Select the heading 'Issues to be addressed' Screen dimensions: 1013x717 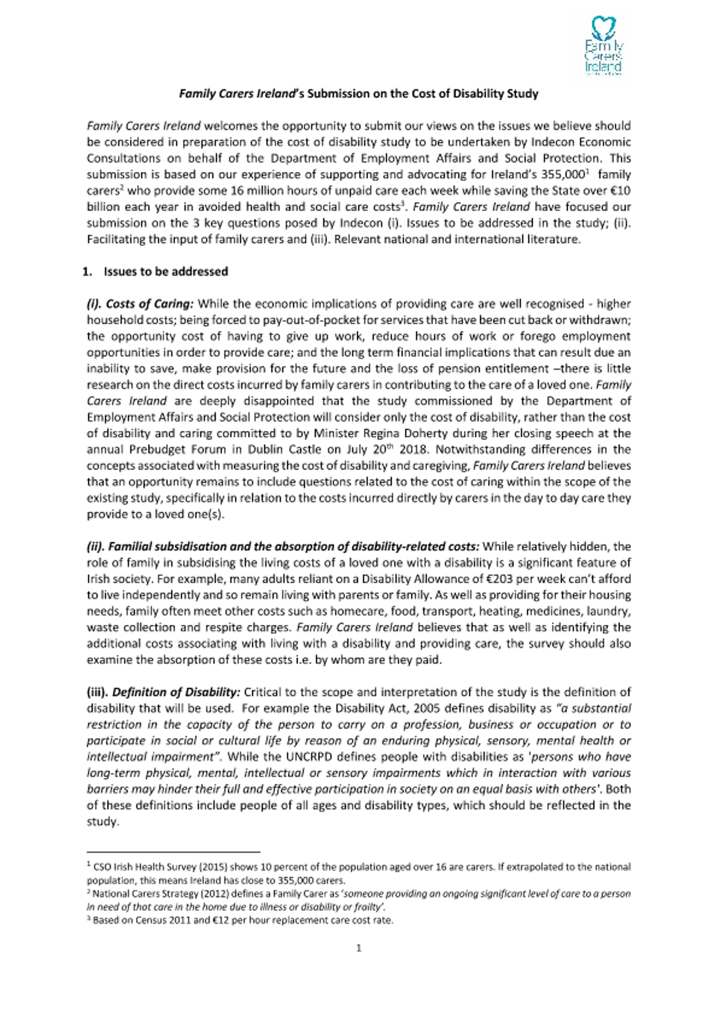point(166,271)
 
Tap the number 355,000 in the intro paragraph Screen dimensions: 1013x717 point(566,174)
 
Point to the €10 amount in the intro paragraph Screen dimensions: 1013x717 point(621,191)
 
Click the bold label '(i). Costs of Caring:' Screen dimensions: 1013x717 point(140,304)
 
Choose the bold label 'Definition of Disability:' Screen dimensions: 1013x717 point(176,692)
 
